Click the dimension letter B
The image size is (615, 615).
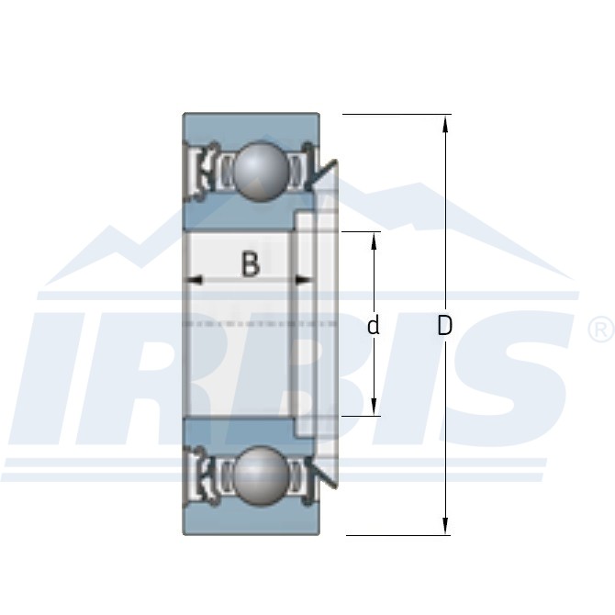(x=251, y=264)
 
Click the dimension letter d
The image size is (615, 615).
(x=374, y=325)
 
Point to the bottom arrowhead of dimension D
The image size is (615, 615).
(x=445, y=526)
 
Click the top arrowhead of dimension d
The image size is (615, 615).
(x=374, y=241)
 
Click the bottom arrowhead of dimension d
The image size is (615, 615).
(x=374, y=406)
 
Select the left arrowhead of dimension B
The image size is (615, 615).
(x=195, y=280)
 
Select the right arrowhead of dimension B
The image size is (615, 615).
(x=304, y=280)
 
